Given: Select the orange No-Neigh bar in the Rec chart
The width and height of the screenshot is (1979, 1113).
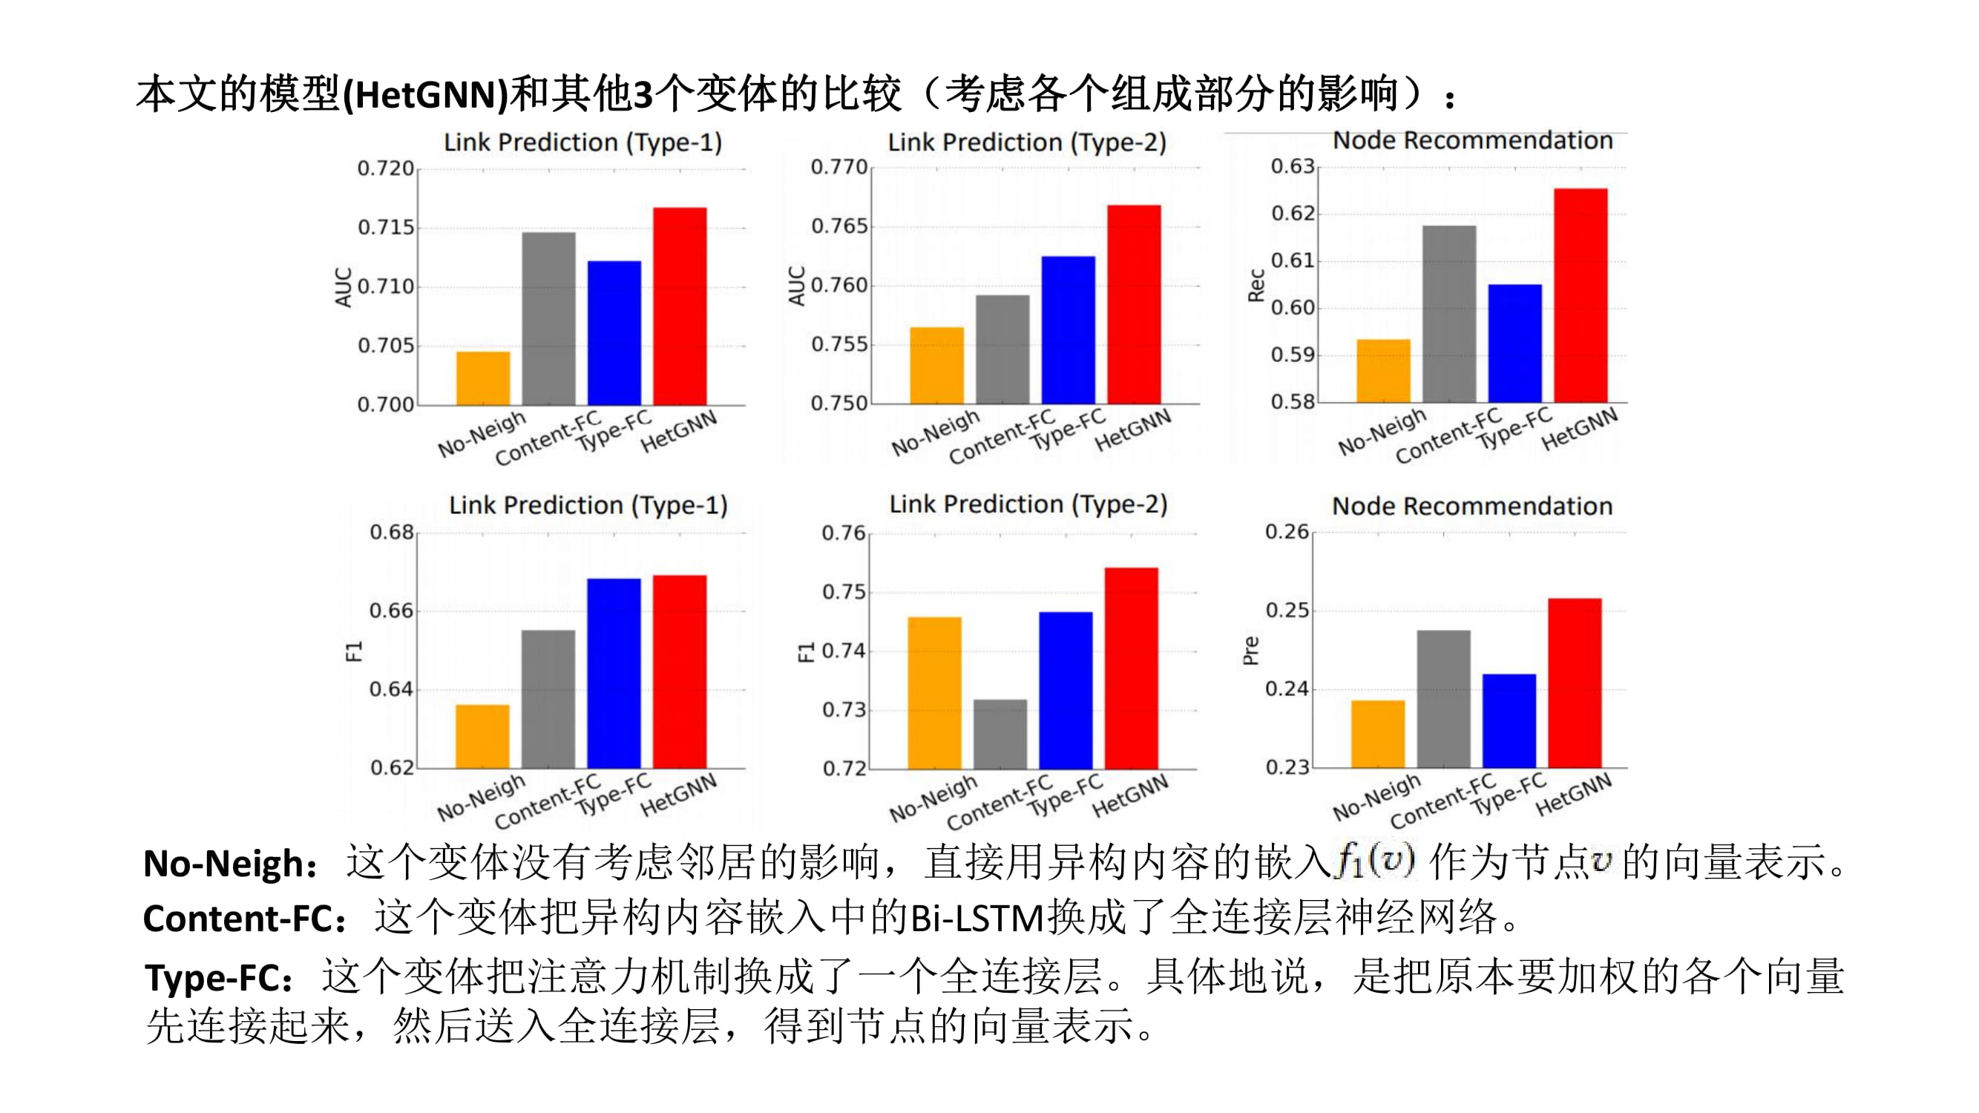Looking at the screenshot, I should pyautogui.click(x=1383, y=371).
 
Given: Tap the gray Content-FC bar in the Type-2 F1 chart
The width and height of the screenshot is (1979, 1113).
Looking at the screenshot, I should pyautogui.click(x=1000, y=734).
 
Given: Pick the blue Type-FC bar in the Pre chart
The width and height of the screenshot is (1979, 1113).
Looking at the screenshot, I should pyautogui.click(x=1509, y=720).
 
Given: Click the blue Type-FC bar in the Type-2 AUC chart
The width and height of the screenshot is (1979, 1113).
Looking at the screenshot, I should pyautogui.click(x=1068, y=329).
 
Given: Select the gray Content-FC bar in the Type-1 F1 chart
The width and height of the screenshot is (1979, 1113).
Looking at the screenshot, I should pyautogui.click(x=548, y=699).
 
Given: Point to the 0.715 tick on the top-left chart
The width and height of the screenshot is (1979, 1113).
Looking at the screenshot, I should pyautogui.click(x=386, y=227).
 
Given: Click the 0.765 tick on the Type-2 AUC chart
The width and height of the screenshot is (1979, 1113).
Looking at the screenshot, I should pyautogui.click(x=839, y=226).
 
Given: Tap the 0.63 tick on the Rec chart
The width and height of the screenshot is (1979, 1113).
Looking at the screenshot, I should pyautogui.click(x=1292, y=166).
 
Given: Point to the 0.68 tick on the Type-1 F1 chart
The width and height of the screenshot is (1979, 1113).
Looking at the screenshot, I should pyautogui.click(x=392, y=532).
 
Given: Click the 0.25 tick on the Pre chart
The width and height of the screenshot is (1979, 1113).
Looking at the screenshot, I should pyautogui.click(x=1287, y=611).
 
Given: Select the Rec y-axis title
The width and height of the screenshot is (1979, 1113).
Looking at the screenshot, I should pyautogui.click(x=1256, y=285).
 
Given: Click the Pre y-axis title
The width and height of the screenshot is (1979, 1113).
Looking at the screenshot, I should pyautogui.click(x=1251, y=650).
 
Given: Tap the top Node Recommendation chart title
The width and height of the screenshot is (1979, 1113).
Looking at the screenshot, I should pyautogui.click(x=1472, y=140).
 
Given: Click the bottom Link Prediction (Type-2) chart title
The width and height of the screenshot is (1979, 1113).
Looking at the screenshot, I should pyautogui.click(x=1028, y=505).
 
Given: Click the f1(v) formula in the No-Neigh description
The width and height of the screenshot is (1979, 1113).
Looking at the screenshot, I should pyautogui.click(x=1375, y=860).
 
